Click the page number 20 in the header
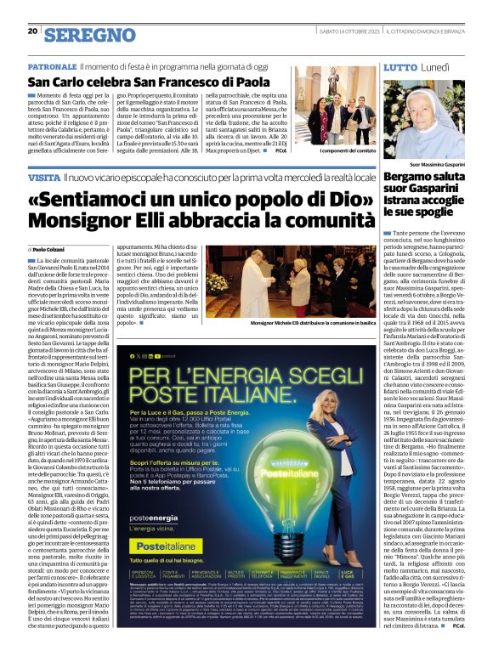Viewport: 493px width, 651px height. [x=32, y=31]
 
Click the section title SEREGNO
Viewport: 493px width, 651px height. [x=90, y=35]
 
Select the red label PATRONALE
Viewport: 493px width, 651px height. [x=52, y=65]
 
